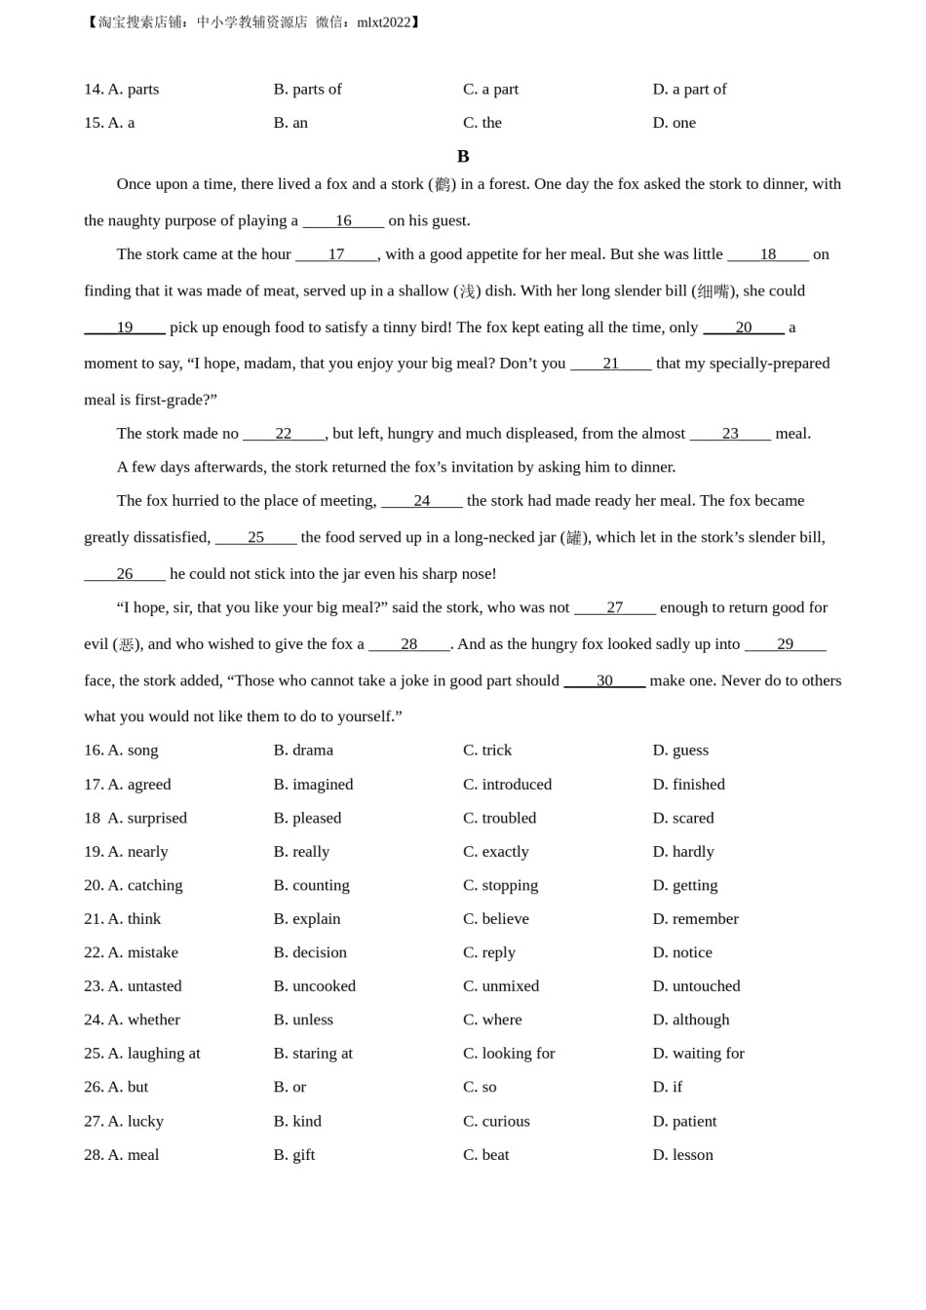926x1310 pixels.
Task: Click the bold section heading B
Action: tap(463, 156)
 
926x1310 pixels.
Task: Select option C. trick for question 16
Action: tap(487, 750)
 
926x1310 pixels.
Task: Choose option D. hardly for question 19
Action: tap(683, 851)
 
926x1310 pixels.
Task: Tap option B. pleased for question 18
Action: tap(307, 818)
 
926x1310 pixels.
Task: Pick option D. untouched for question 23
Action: tap(696, 985)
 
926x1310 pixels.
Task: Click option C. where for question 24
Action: tap(492, 1020)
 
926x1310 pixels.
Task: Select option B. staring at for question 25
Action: tap(313, 1053)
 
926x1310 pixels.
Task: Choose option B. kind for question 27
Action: tap(297, 1121)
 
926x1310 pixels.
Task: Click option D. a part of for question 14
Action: tap(689, 89)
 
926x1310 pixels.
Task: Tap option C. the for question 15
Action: tap(482, 123)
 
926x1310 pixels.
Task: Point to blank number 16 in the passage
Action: tap(343, 220)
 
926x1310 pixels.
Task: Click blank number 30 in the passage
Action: tap(604, 680)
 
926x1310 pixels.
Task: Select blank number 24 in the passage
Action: tap(421, 501)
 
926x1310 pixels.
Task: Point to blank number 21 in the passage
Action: tap(610, 364)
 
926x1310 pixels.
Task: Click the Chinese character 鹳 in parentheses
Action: tap(443, 184)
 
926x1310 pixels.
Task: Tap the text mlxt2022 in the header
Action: tap(384, 22)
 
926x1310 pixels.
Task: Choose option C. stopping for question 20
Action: tap(500, 885)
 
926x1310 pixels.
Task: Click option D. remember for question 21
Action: tap(695, 918)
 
